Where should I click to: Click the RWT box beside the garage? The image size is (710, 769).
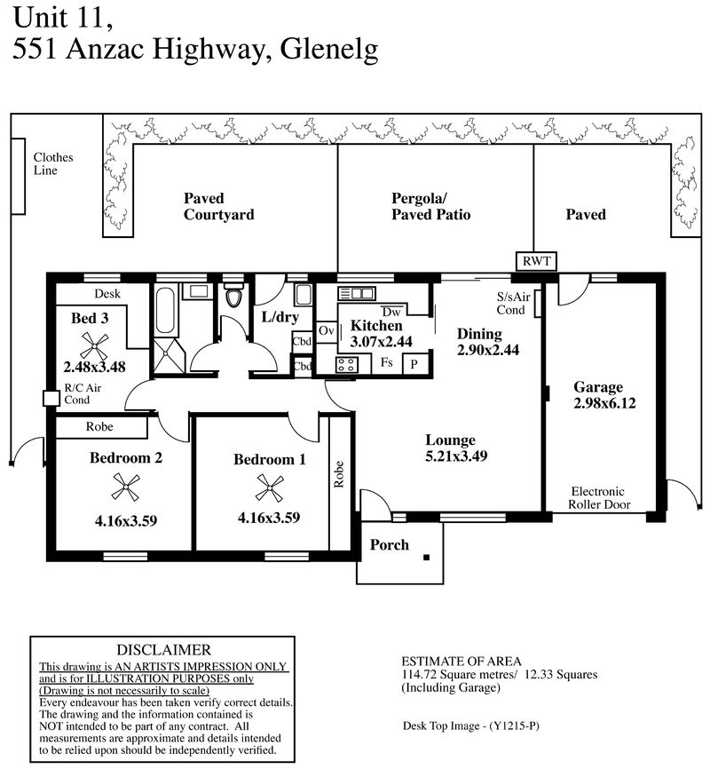(536, 261)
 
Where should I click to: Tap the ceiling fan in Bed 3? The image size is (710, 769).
(94, 345)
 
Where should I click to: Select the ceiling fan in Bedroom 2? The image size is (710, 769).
(125, 487)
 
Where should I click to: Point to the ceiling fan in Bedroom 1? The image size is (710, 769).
(270, 488)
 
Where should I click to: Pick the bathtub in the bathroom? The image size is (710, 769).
(165, 310)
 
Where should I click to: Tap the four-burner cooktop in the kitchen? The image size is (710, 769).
(347, 365)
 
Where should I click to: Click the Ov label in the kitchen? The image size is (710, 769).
(326, 331)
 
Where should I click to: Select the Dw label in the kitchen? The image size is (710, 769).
(391, 312)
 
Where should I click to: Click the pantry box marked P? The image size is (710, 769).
(414, 364)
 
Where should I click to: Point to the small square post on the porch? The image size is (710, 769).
(427, 557)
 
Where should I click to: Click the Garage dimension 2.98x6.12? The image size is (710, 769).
(604, 403)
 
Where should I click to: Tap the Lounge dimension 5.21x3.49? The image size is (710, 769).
(456, 456)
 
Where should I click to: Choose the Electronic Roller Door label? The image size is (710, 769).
(599, 498)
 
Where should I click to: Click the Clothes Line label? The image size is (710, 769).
(53, 163)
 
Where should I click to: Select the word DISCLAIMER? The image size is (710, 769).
(164, 650)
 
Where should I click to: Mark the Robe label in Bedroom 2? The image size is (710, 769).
(99, 426)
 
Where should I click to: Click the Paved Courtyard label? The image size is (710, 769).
(218, 207)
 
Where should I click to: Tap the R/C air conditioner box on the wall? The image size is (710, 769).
(51, 398)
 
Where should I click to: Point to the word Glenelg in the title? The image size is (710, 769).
(329, 50)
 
